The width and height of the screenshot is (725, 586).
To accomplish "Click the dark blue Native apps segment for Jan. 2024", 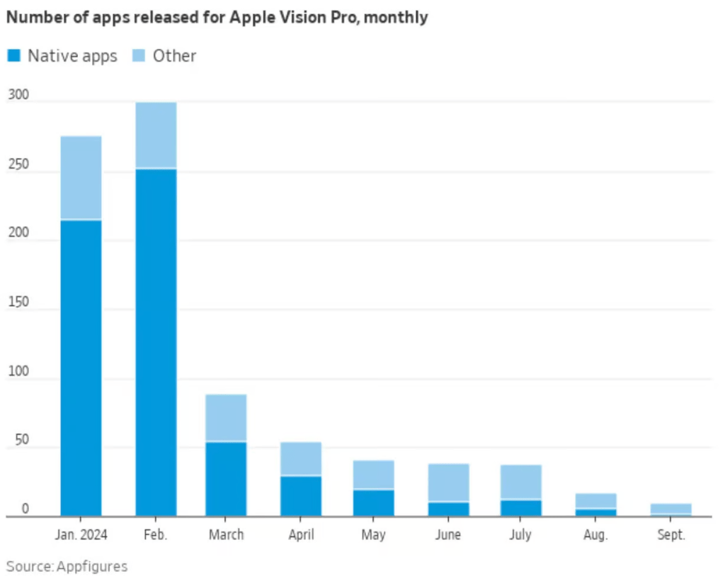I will pos(81,368).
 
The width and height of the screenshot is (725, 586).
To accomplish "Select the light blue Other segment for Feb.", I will pos(156,135).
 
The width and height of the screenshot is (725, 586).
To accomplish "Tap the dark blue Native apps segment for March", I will pos(226,479).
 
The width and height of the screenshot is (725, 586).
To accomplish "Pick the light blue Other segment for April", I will pos(301,459).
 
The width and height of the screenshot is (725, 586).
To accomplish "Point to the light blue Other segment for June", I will pos(448,483).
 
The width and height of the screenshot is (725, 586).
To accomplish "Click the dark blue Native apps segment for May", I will pos(374,502).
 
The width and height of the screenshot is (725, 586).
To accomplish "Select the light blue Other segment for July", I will pos(521,483).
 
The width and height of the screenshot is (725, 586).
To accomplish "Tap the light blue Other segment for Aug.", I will pos(595,501).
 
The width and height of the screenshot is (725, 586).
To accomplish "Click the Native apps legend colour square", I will pos(13,56).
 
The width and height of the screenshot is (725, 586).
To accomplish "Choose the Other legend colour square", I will pos(138,56).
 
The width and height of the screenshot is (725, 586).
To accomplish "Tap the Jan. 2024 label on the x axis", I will pos(81,535).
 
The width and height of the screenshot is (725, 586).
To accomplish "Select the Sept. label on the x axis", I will pos(670,535).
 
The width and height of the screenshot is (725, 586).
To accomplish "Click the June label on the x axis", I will pos(448,535).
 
